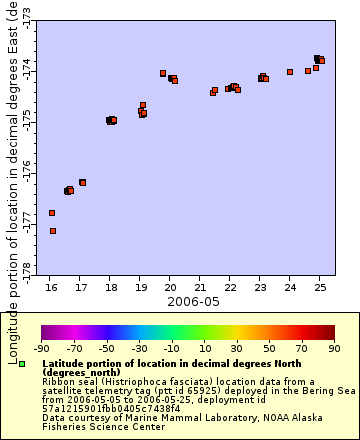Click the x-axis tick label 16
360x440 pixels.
[51, 288]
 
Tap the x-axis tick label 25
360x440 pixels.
[319, 288]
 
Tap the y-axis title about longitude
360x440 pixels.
[11, 180]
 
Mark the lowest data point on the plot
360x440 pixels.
[53, 231]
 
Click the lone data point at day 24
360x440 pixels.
[290, 72]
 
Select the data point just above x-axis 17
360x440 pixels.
[83, 182]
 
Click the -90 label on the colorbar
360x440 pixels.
[41, 349]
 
